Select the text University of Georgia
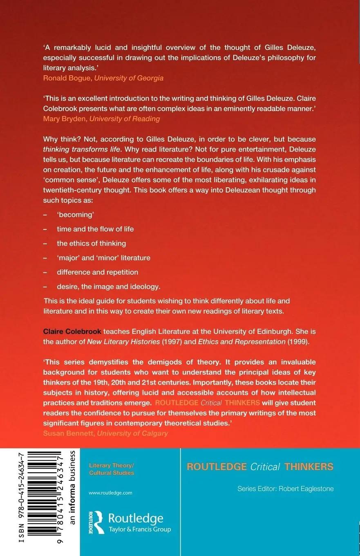click(x=129, y=78)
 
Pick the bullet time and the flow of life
click(x=95, y=229)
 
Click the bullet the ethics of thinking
click(x=91, y=243)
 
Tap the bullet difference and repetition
click(x=97, y=272)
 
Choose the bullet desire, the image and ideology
click(x=108, y=286)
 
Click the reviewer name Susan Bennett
click(x=68, y=433)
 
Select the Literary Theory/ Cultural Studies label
click(x=112, y=469)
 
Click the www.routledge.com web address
click(x=110, y=493)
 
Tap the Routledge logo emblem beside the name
click(x=96, y=522)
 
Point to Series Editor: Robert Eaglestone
click(x=285, y=489)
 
